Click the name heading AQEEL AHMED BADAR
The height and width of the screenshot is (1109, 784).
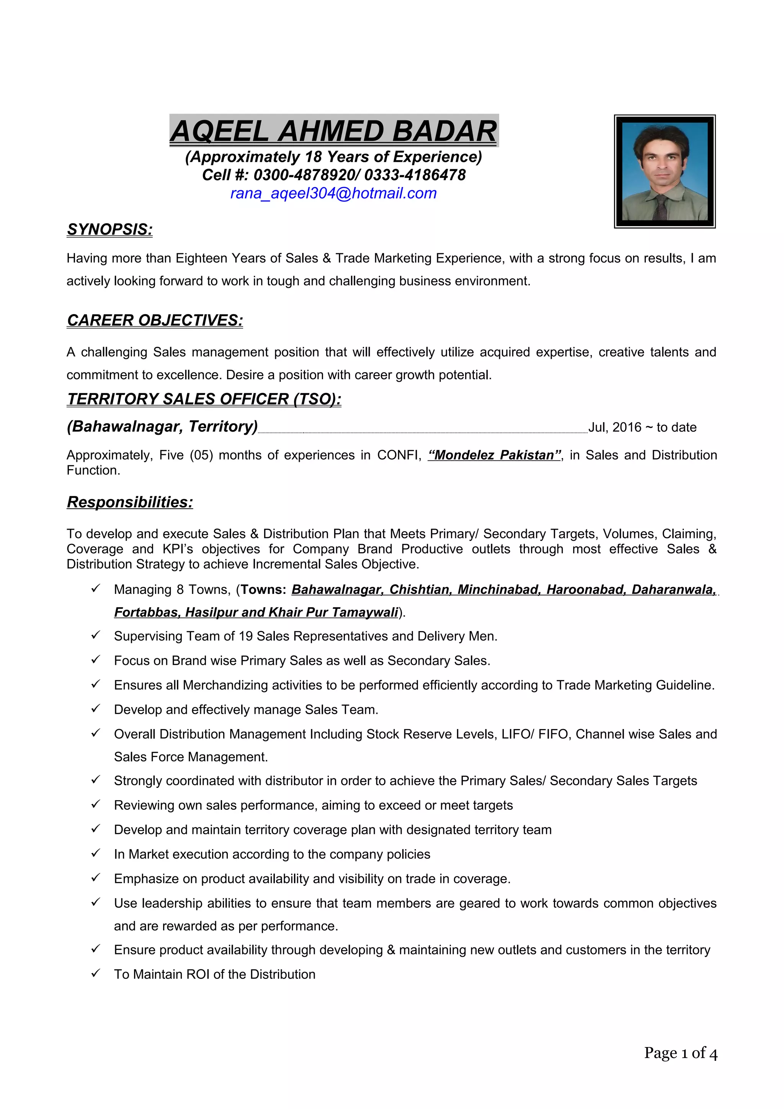pos(333,131)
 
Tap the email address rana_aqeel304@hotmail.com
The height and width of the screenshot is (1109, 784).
pos(333,193)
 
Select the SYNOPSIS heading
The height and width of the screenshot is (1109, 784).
pos(109,230)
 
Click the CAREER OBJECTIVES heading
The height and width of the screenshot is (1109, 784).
pos(155,320)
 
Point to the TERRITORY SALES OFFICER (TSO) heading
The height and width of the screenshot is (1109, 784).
pos(204,399)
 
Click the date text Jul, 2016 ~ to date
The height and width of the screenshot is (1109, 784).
pos(642,427)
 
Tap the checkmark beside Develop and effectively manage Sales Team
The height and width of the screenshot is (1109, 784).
pos(96,709)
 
